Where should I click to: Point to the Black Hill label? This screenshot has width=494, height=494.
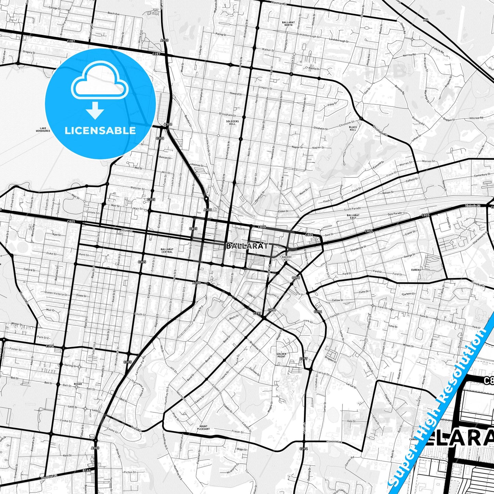[353, 129]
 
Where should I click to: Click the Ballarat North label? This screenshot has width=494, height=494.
[288, 24]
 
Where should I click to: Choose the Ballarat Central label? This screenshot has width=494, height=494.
[167, 251]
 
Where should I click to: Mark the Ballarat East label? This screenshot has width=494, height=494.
[352, 216]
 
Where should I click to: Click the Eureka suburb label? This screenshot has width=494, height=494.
[416, 270]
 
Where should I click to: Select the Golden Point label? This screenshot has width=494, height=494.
[281, 355]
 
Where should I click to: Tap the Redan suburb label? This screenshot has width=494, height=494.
[78, 384]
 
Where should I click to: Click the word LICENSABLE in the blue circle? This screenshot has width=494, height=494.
[100, 130]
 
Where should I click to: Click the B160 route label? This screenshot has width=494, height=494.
[87, 471]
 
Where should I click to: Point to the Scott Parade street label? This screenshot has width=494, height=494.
[352, 209]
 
